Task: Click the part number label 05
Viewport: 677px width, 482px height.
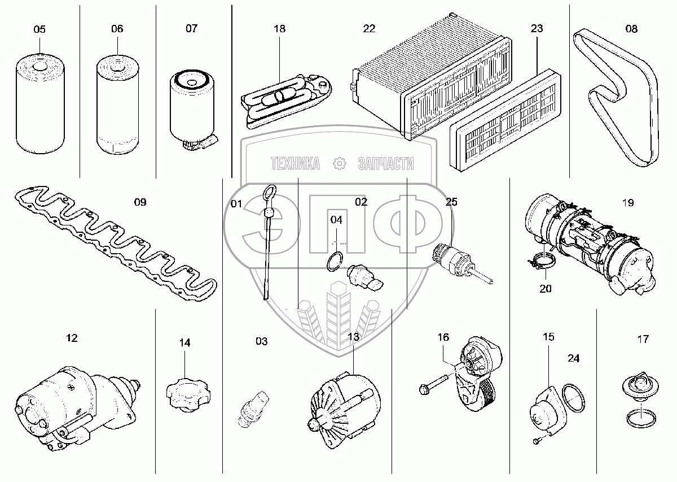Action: [x=39, y=29]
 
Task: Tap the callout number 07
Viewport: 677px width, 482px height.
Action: [x=192, y=28]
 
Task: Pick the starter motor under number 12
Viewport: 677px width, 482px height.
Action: [x=73, y=404]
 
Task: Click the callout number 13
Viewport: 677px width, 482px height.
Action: [x=353, y=337]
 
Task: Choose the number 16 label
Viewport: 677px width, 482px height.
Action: [x=443, y=337]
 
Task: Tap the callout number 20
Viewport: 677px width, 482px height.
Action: [x=546, y=288]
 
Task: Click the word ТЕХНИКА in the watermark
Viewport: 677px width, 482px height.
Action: [x=295, y=164]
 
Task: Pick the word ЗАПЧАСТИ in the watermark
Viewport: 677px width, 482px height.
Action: [x=386, y=164]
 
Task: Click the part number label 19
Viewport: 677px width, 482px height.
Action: [x=628, y=202]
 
